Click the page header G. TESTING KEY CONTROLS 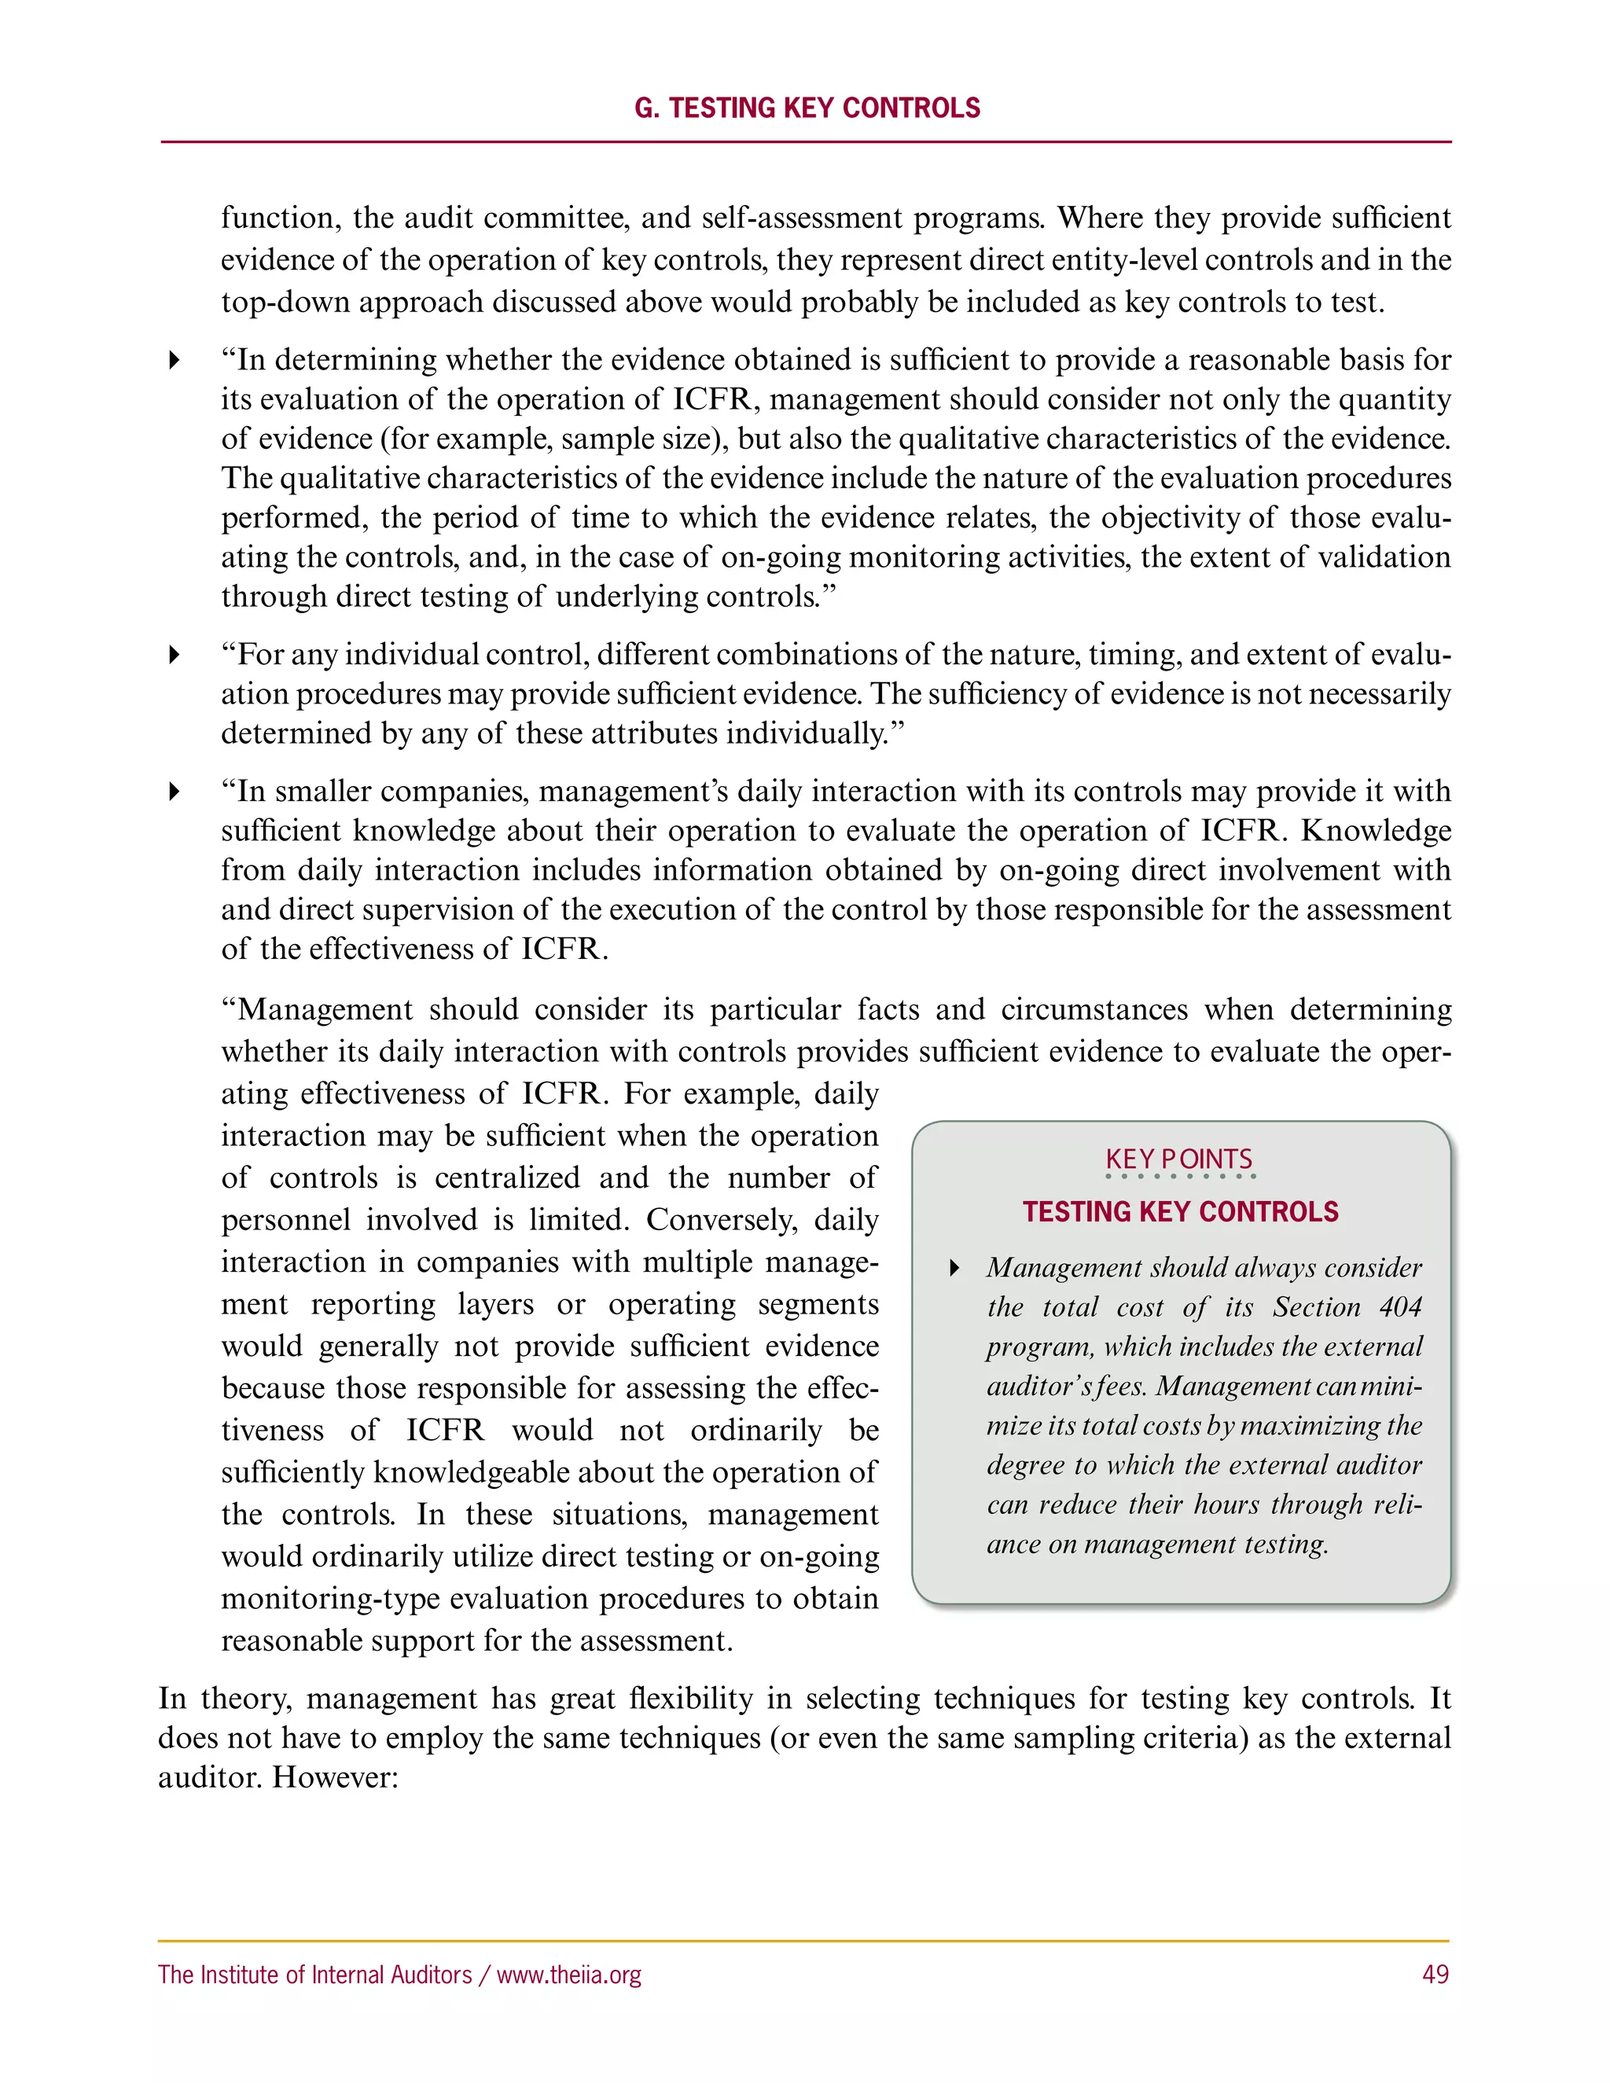(x=807, y=108)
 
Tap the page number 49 (x=1435, y=1975)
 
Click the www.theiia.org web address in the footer (x=568, y=1975)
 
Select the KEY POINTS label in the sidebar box (x=1179, y=1159)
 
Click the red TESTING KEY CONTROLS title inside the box (x=1180, y=1212)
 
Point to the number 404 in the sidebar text (x=1400, y=1306)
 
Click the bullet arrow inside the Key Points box (x=954, y=1268)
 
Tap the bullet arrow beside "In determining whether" (x=174, y=359)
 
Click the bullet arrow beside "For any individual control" (x=174, y=654)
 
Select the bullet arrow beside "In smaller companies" (x=174, y=791)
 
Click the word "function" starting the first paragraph (x=277, y=219)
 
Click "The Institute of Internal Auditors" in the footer (x=314, y=1975)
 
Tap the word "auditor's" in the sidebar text (x=1037, y=1386)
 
